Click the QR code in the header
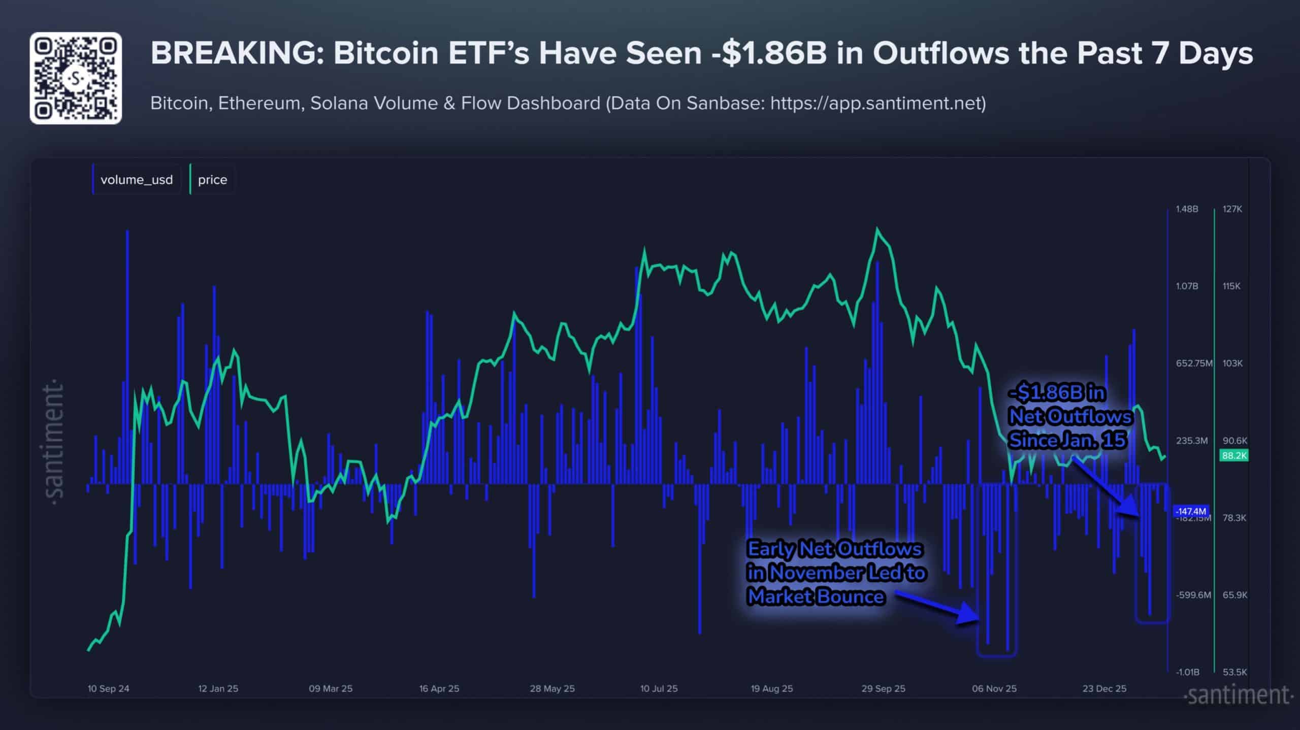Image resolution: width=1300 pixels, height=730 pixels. pos(76,78)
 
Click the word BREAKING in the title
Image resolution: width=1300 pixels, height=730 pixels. pos(237,53)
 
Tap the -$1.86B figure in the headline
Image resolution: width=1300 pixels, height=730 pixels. pos(769,53)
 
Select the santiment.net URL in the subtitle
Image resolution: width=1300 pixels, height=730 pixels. pos(877,103)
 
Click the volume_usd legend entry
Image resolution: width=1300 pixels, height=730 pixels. pos(136,180)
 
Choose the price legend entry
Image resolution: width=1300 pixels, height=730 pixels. pos(212,180)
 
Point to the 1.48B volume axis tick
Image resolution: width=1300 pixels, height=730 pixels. pos(1187,209)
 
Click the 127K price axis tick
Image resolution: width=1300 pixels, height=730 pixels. pos(1232,209)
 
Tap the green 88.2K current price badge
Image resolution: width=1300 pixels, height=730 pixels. pos(1233,455)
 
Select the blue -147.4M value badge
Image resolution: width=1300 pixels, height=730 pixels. pos(1190,511)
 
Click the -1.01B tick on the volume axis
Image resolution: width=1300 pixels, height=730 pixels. pos(1187,672)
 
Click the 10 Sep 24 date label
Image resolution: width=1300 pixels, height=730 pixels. pos(108,689)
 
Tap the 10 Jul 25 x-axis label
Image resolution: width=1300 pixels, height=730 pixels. pos(659,689)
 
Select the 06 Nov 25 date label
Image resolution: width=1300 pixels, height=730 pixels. pos(994,689)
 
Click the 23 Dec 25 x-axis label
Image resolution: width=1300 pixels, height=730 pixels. pos(1104,689)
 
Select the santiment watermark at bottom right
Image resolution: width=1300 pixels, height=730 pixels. pos(1238,695)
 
